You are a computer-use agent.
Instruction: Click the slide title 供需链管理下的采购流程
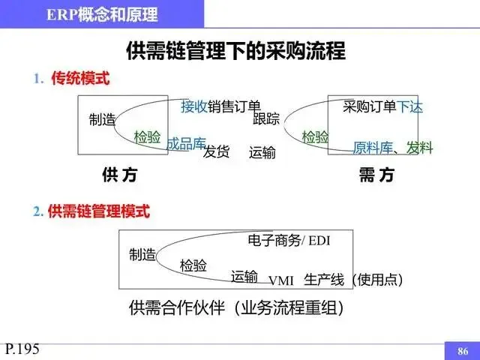point(235,51)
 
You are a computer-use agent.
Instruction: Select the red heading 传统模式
point(80,79)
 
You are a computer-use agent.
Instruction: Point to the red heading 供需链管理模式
point(98,212)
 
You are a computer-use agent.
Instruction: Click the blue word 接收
point(194,106)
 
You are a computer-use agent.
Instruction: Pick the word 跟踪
point(266,118)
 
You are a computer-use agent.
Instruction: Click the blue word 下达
point(409,106)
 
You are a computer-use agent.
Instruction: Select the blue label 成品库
point(186,142)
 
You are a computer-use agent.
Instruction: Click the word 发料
point(420,148)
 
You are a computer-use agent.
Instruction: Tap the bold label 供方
point(119,175)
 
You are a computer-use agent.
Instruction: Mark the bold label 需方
point(376,175)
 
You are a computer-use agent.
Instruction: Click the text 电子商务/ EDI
point(289,240)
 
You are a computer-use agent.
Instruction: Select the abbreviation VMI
point(281,280)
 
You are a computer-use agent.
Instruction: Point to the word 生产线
point(324,280)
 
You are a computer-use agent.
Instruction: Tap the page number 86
point(462,350)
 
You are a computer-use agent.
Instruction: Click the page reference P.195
point(22,348)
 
